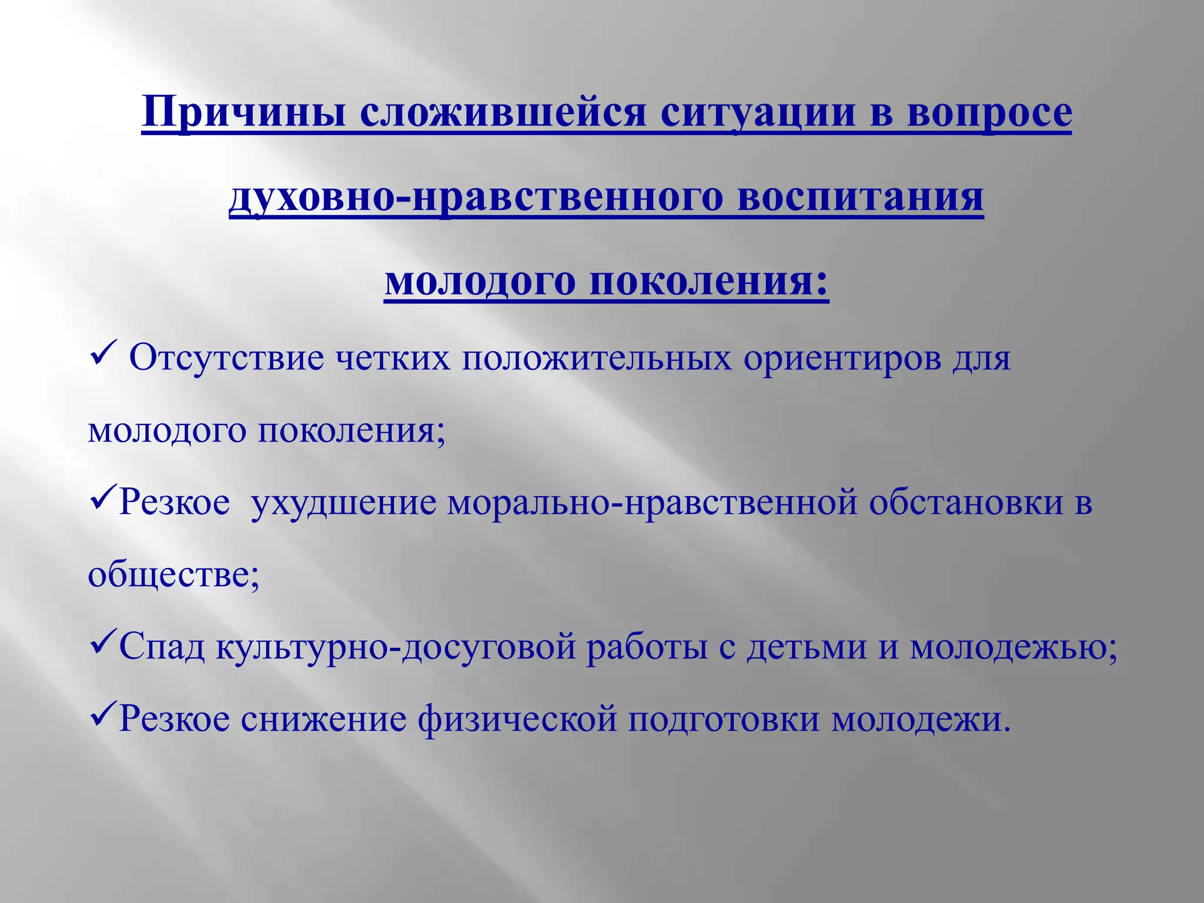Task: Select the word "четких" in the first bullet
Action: tap(393, 358)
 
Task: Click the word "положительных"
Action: tap(597, 358)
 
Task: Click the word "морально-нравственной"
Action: tap(653, 503)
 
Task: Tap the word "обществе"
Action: tap(170, 574)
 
